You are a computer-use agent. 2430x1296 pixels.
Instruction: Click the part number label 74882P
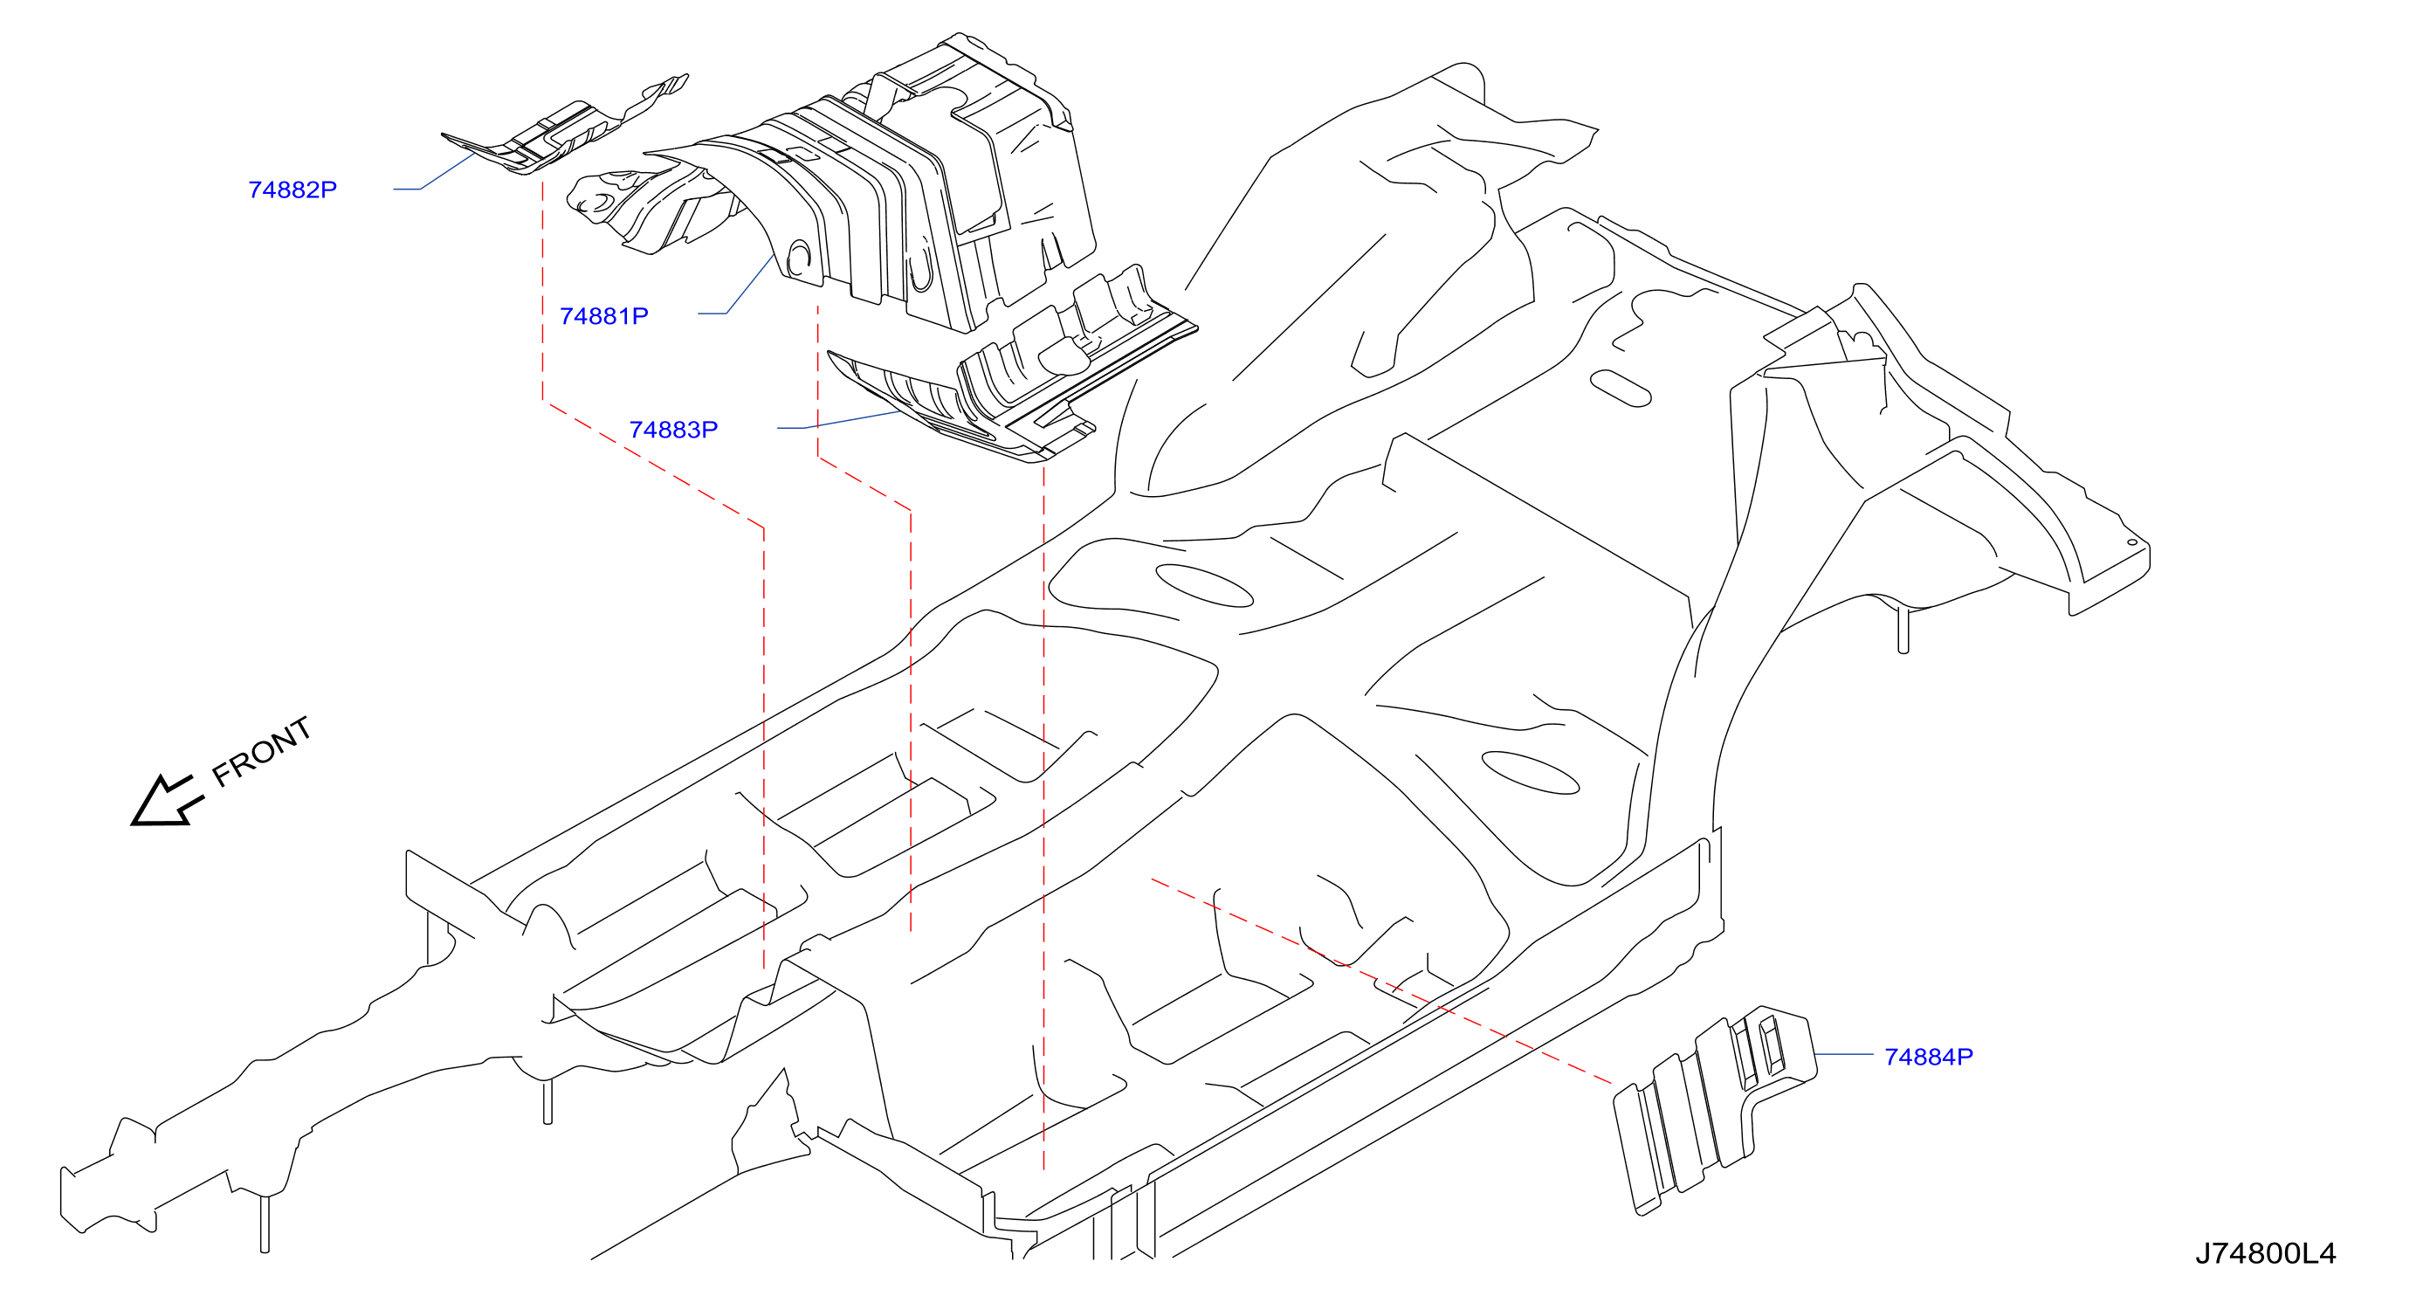(293, 190)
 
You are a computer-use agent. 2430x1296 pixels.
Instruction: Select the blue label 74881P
(603, 316)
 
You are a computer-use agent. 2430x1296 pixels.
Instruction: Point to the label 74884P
(1928, 1057)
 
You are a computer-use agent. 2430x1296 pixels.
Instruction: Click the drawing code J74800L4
(2265, 1252)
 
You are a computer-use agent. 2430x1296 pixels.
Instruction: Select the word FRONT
(261, 751)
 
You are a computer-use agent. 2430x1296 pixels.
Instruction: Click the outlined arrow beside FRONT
(166, 802)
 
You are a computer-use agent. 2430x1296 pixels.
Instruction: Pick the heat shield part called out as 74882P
(564, 126)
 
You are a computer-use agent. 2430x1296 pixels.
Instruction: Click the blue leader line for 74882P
(434, 174)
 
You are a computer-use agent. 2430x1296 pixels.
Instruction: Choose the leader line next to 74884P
(1843, 1053)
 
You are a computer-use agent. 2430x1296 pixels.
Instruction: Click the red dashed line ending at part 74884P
(1382, 982)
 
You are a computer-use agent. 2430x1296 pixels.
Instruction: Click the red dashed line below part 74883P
(1043, 816)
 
